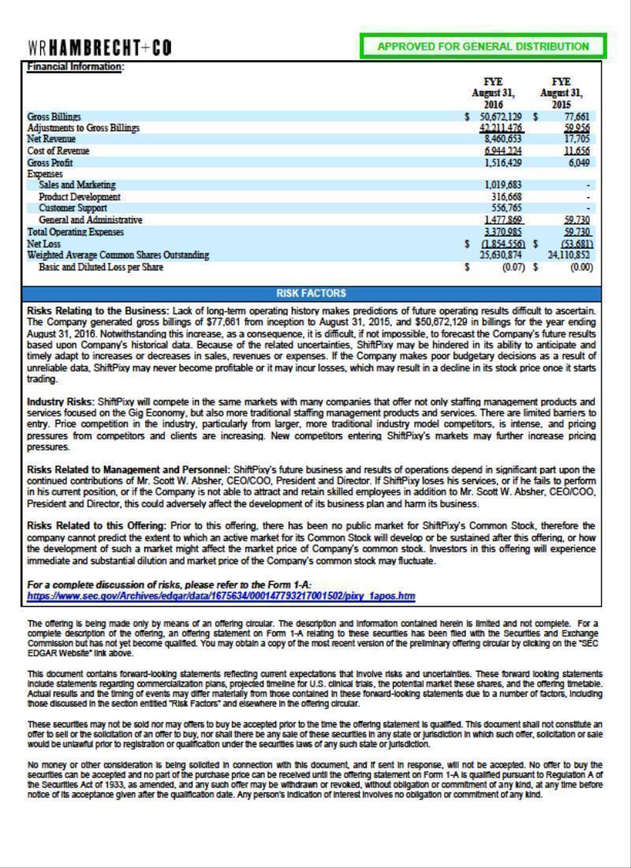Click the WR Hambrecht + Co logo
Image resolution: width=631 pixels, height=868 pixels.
(99, 47)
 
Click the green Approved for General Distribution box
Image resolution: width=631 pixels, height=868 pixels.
(483, 47)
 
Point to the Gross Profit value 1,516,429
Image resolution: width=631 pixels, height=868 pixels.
(502, 163)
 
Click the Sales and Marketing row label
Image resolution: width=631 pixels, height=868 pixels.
(77, 185)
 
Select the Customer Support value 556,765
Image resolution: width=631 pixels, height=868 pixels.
(506, 208)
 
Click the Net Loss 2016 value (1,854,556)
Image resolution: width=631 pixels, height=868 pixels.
(502, 244)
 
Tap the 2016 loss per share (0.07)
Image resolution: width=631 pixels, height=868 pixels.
(513, 268)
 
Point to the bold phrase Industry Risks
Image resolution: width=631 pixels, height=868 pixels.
(61, 402)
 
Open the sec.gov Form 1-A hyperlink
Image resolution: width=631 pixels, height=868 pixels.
(221, 597)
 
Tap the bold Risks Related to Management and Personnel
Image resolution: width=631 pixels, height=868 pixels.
(129, 470)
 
